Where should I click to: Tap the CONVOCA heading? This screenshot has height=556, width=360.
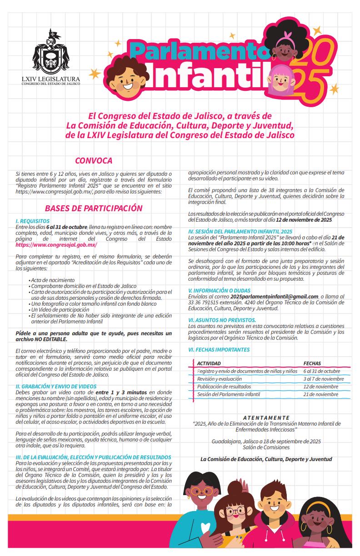(x=94, y=161)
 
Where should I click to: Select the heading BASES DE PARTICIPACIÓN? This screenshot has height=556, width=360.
(x=94, y=208)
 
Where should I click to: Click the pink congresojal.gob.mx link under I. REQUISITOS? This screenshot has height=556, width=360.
(x=56, y=244)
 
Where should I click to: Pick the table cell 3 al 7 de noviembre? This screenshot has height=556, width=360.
(x=323, y=379)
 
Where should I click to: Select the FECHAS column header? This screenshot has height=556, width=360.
(x=312, y=363)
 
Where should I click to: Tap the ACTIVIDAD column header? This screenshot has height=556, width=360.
(x=209, y=363)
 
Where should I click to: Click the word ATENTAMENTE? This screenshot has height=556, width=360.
(x=266, y=417)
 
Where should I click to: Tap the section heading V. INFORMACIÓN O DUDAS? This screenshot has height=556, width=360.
(x=220, y=290)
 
